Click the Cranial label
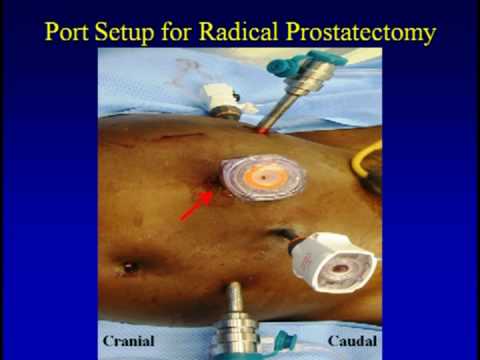(127, 340)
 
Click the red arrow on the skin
(194, 208)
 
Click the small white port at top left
(219, 97)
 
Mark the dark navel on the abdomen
(128, 268)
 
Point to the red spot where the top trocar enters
(263, 130)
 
